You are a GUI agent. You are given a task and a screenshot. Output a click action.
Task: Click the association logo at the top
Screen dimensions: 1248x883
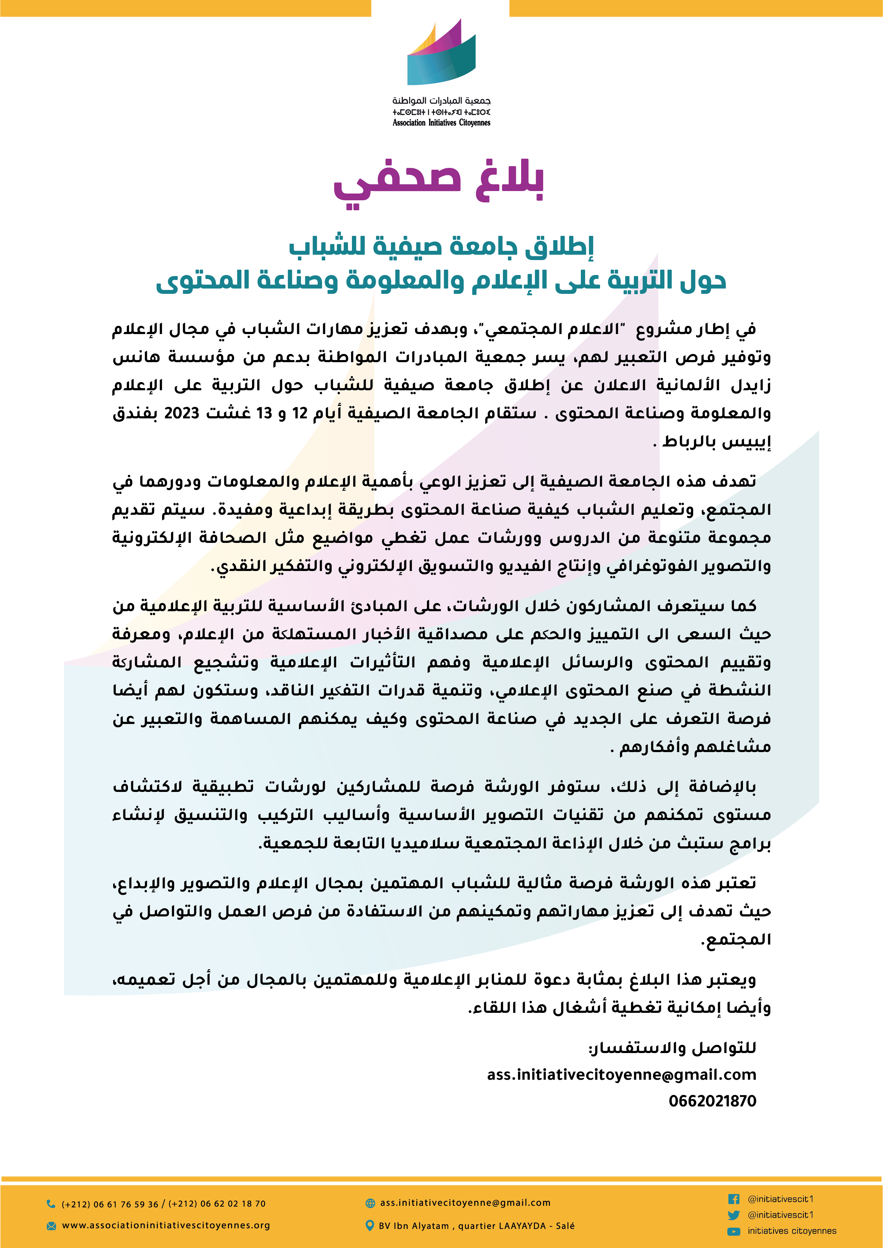point(442,54)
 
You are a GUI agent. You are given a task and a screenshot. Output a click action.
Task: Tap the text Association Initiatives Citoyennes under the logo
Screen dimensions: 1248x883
point(442,123)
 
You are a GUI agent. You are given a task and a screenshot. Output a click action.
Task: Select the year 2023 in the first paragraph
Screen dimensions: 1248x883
point(182,413)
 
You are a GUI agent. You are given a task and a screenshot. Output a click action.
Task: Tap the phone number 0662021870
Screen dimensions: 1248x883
point(712,1101)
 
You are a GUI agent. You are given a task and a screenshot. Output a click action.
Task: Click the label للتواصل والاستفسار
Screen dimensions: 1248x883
point(672,1048)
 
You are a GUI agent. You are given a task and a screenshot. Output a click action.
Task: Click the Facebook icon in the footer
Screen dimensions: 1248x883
point(733,1199)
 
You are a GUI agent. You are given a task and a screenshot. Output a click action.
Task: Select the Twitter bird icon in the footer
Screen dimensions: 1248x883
point(733,1215)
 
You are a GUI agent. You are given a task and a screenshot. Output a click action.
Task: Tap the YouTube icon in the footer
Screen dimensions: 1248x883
point(733,1231)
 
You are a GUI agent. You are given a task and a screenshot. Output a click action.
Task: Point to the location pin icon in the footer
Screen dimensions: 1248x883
point(370,1226)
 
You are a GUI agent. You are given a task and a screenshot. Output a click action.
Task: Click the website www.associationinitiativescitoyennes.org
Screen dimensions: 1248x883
point(166,1225)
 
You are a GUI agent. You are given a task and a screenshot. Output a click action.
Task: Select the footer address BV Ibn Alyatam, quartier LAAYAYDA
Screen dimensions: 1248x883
point(476,1226)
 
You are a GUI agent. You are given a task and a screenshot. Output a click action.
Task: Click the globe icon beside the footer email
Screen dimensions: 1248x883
point(370,1203)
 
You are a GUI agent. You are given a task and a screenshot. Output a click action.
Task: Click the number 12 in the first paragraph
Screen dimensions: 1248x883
point(300,413)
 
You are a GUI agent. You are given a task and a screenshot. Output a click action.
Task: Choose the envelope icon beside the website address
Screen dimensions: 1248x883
point(51,1226)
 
